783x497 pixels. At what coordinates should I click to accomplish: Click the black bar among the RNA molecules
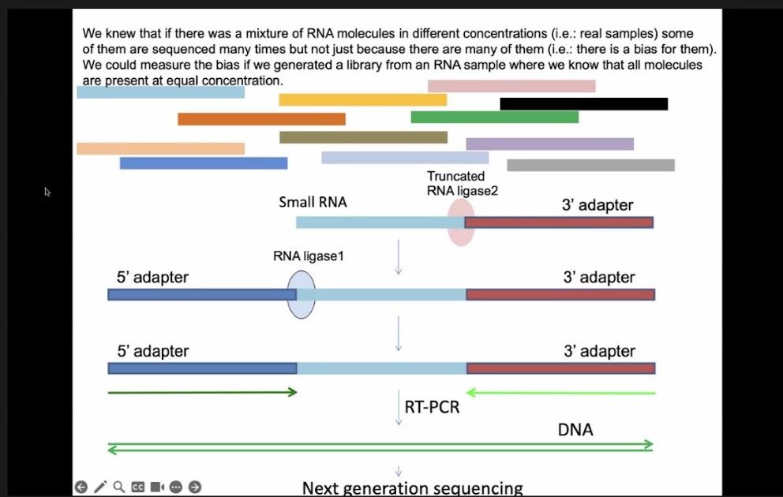tap(584, 104)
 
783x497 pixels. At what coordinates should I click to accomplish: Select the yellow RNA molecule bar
tap(362, 100)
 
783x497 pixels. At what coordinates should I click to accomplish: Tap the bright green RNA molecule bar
tap(495, 117)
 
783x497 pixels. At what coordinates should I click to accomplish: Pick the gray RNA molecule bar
tap(590, 165)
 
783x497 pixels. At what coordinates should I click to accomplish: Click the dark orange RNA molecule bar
tap(262, 119)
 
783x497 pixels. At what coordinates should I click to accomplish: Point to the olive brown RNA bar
tap(364, 137)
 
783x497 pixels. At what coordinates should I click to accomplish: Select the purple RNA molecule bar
tap(550, 144)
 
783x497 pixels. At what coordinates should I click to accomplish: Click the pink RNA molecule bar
tap(511, 86)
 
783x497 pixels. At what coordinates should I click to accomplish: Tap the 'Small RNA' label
tap(313, 202)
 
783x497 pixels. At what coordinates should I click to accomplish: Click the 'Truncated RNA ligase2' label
tap(463, 183)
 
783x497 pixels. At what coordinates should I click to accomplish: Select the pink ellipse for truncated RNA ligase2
tap(461, 222)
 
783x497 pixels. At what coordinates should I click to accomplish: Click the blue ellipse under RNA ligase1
tap(301, 294)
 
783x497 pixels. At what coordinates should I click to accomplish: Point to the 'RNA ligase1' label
tap(309, 256)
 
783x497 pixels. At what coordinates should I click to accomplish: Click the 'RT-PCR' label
tap(432, 407)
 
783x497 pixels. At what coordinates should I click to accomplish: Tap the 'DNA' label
tap(575, 430)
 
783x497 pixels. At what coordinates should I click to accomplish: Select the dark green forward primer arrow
tap(203, 392)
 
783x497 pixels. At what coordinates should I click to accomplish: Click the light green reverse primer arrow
tap(560, 393)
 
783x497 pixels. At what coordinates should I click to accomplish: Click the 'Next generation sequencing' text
tap(413, 488)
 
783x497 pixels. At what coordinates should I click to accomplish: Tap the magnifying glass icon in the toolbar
tap(119, 487)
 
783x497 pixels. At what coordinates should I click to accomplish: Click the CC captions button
tap(138, 487)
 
